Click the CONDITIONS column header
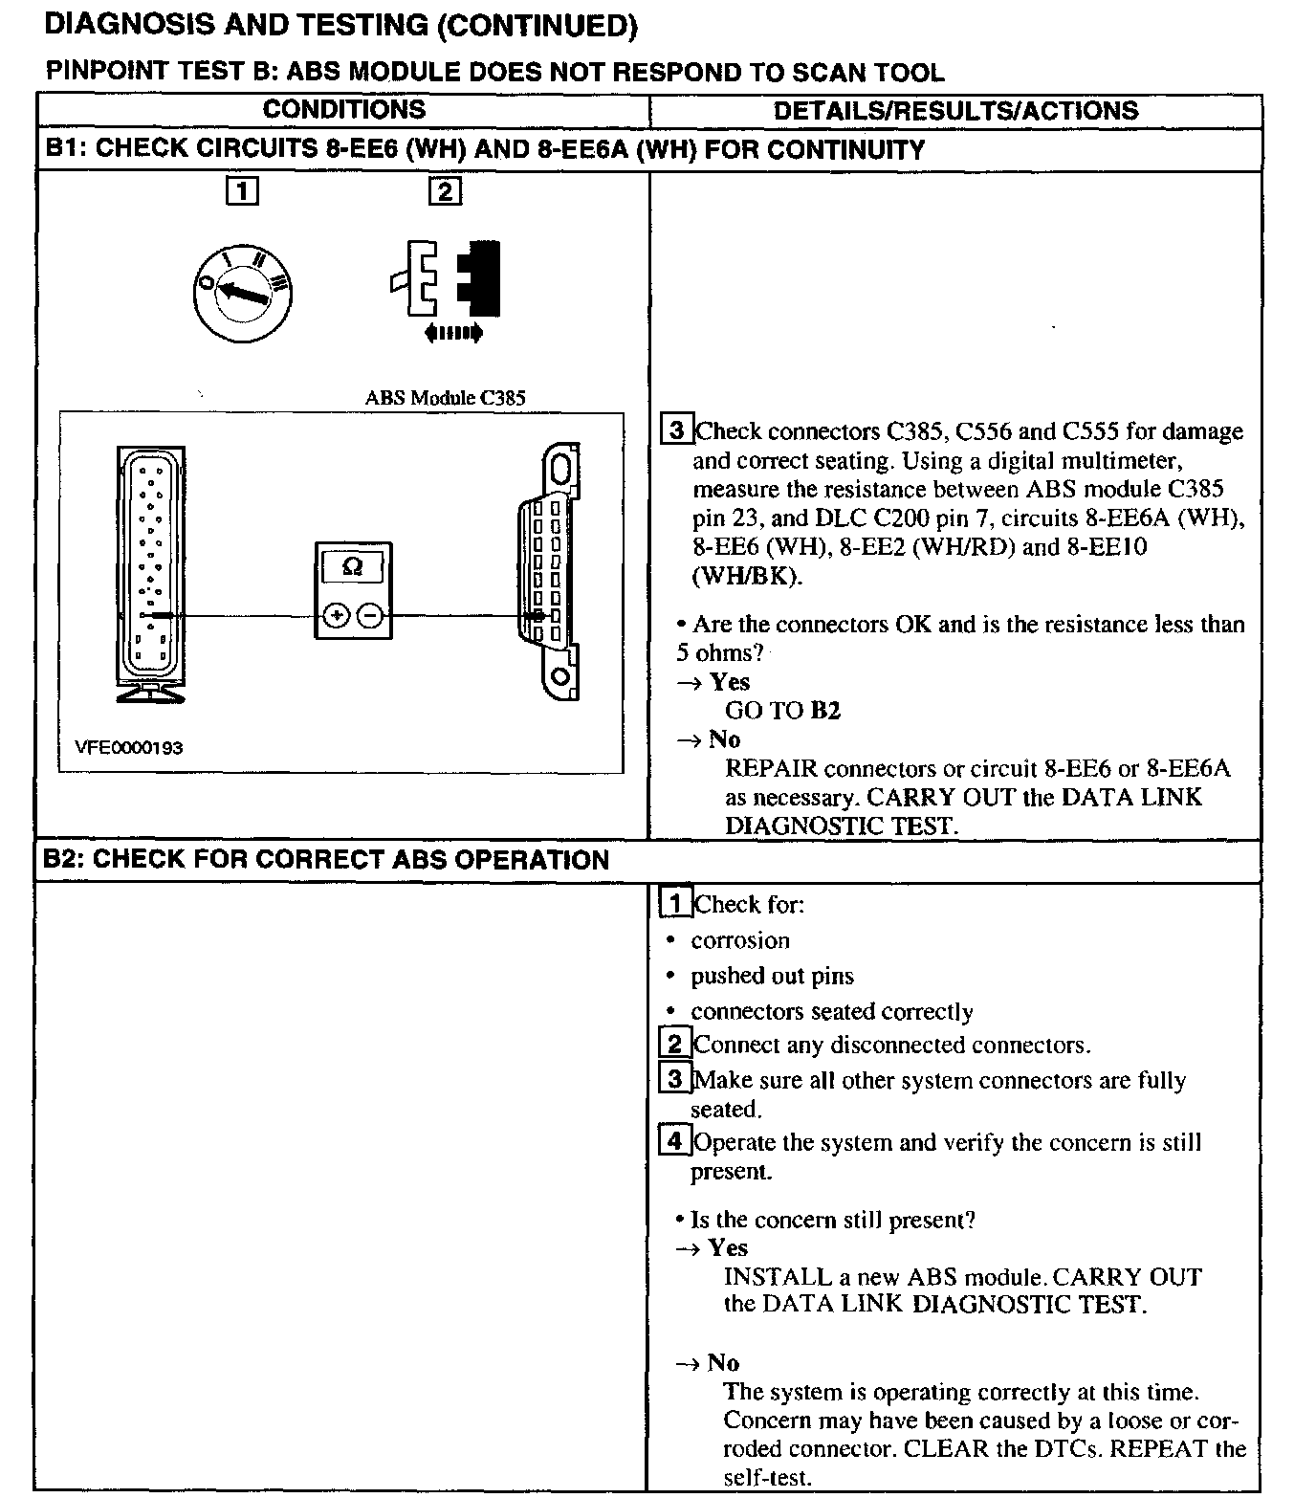click(x=343, y=110)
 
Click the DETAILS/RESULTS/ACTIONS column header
click(x=955, y=111)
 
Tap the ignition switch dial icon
click(x=243, y=292)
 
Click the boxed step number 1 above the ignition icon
click(x=242, y=192)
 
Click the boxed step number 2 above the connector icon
click(x=445, y=192)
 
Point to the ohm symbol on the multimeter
click(x=352, y=567)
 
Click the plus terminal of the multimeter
click(x=336, y=616)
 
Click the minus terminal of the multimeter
click(x=371, y=616)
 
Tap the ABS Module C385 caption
click(x=445, y=398)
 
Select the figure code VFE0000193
click(x=129, y=748)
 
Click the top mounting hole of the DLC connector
click(x=562, y=468)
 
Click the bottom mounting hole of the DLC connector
click(x=562, y=677)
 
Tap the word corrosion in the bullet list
click(x=740, y=941)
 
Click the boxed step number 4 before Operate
click(x=675, y=1141)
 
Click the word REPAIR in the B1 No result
click(x=771, y=769)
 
